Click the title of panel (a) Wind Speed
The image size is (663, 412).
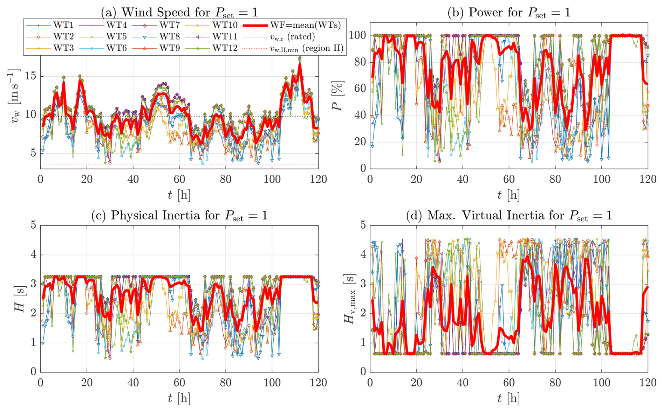[179, 13]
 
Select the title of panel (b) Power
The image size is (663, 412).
[509, 13]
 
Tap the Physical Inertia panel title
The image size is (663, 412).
[179, 216]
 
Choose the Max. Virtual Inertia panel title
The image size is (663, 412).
[509, 216]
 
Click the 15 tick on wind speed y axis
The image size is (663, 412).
[31, 76]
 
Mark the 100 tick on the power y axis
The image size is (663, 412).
[357, 35]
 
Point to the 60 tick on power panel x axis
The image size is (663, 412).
[509, 180]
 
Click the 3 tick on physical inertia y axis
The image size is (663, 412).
[33, 284]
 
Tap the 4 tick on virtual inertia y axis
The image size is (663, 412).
[363, 254]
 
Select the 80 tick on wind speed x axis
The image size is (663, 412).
[226, 180]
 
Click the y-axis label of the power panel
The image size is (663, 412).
[338, 96]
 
